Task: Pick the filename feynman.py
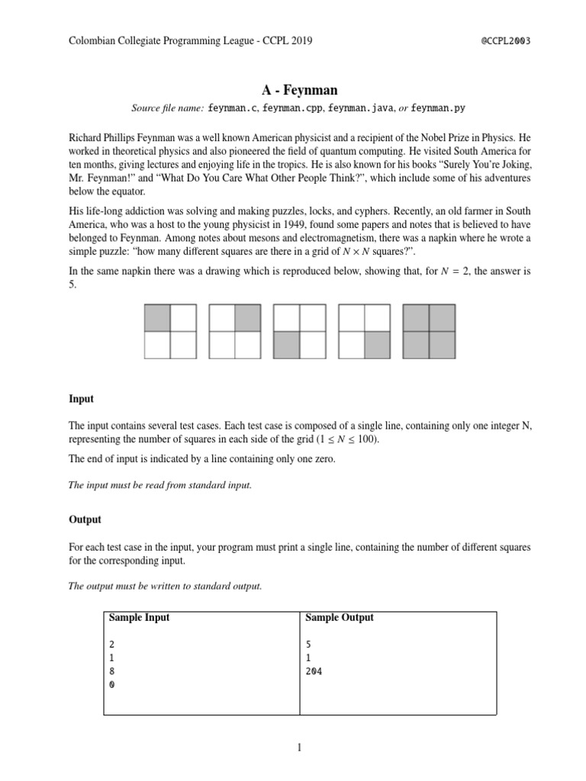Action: click(x=438, y=109)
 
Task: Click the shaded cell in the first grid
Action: click(x=157, y=317)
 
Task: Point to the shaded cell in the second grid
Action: click(x=248, y=317)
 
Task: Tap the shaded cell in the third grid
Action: click(x=286, y=345)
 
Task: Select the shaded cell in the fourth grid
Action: click(x=378, y=345)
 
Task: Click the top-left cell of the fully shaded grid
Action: click(x=417, y=317)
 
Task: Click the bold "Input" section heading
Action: click(x=81, y=399)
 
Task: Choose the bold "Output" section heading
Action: click(x=85, y=519)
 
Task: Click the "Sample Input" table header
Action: click(x=140, y=617)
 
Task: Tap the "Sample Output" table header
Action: click(x=340, y=617)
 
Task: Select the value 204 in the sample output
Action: click(x=314, y=671)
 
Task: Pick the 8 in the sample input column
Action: click(x=112, y=671)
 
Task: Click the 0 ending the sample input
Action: click(x=112, y=684)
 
